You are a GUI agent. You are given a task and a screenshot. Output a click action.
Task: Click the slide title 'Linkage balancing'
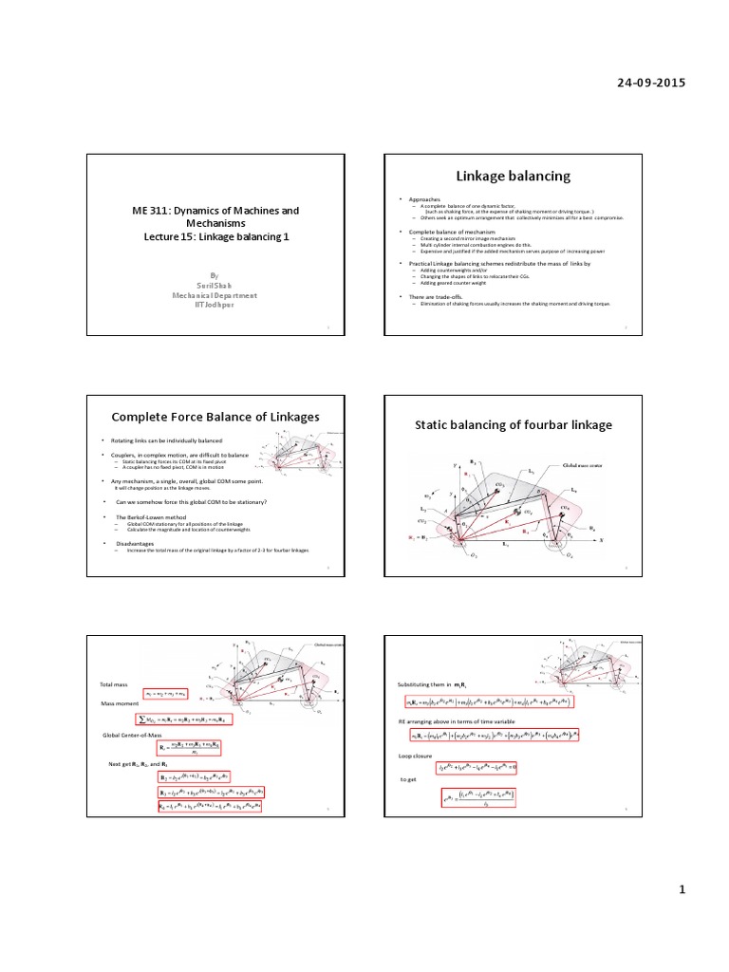(512, 176)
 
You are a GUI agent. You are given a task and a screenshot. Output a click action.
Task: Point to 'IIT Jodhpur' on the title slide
(220, 305)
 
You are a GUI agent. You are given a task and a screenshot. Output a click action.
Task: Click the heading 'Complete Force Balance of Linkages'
(215, 417)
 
